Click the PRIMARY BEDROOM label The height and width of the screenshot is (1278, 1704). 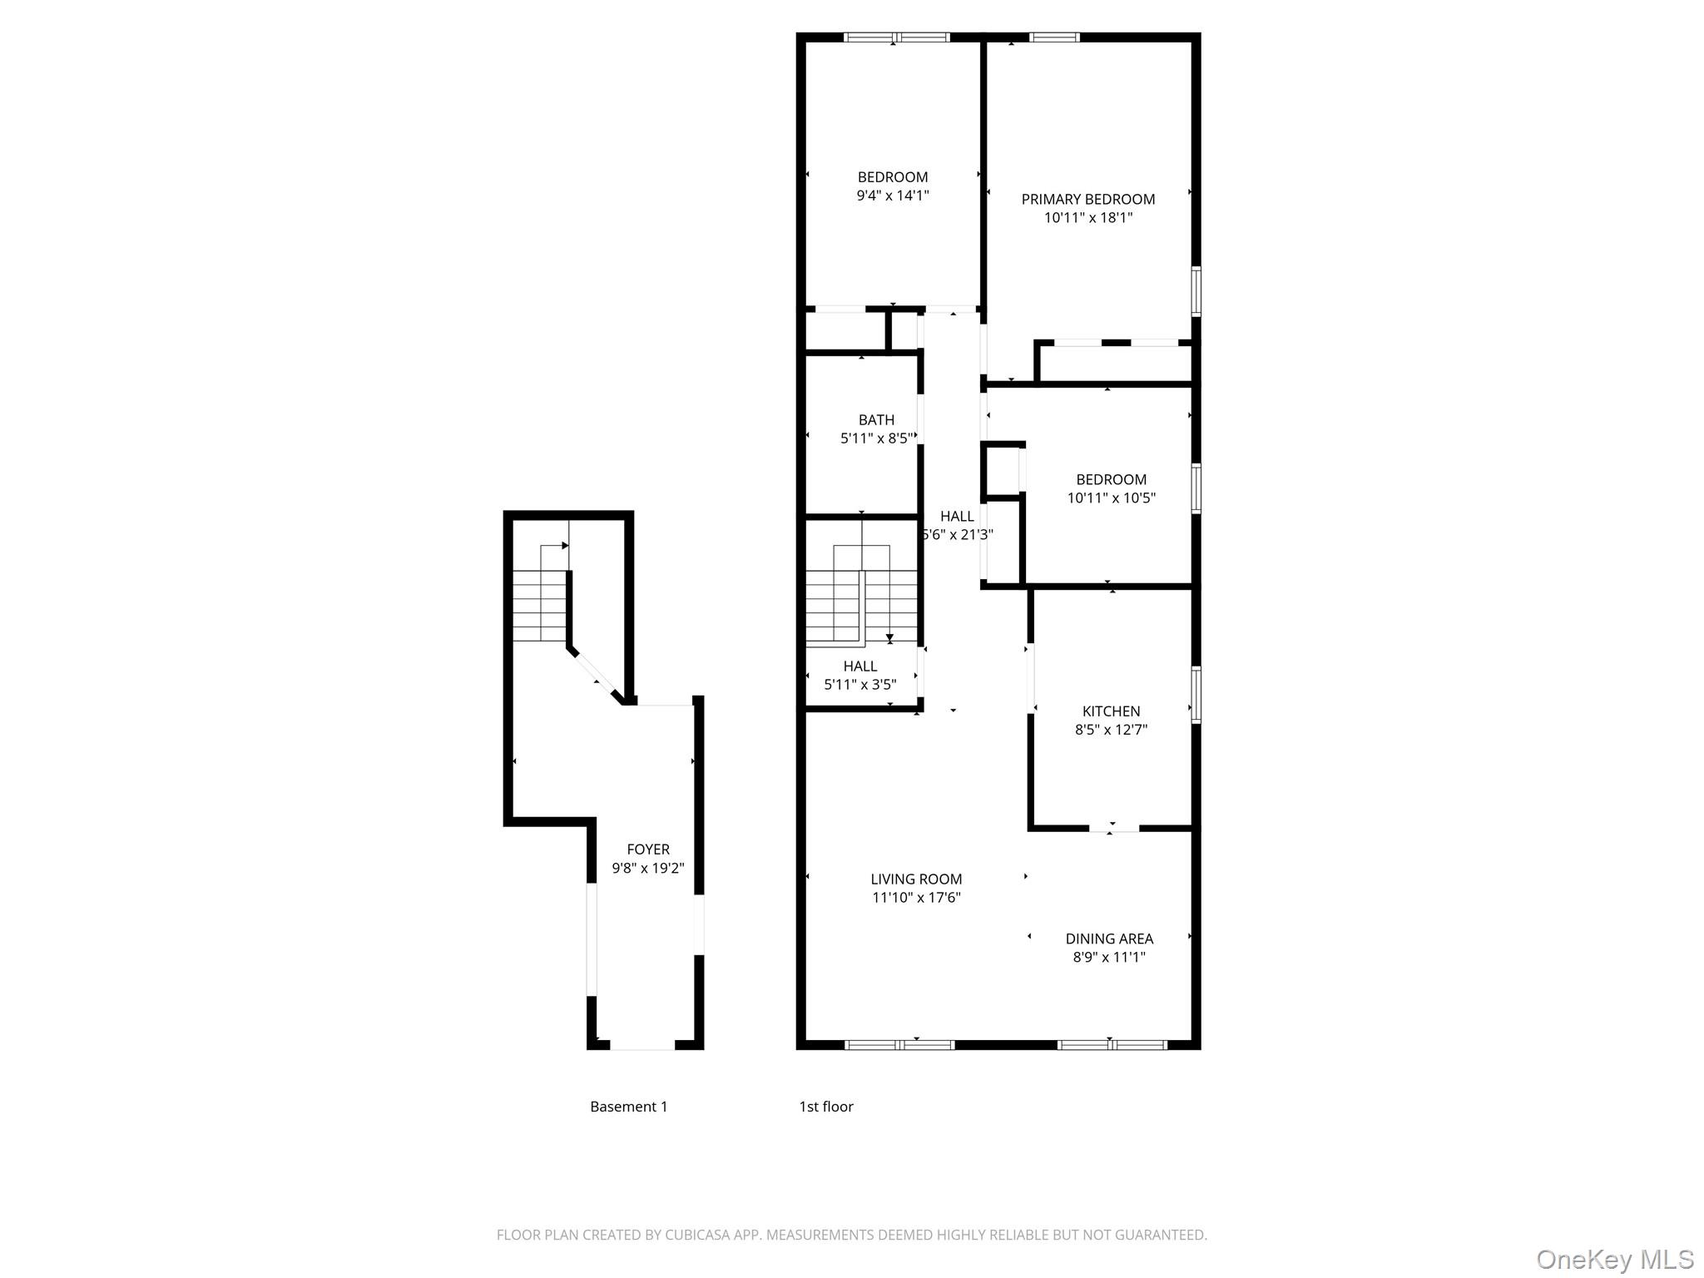(x=1087, y=199)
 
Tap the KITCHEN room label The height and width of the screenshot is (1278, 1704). (x=1111, y=711)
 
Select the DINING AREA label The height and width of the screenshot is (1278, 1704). (x=1109, y=939)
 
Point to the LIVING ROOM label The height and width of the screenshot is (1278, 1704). (x=916, y=879)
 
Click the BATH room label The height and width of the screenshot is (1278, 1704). (x=876, y=420)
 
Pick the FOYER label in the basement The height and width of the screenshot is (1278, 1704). (x=647, y=850)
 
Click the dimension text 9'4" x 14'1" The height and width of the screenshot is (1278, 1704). (x=893, y=196)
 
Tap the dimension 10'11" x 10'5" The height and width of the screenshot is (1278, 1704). (x=1111, y=498)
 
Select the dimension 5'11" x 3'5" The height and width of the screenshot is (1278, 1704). (x=859, y=685)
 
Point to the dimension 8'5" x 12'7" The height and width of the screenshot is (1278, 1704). (x=1111, y=730)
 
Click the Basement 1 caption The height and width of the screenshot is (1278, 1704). (x=628, y=1107)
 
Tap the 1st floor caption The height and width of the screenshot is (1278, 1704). (x=825, y=1107)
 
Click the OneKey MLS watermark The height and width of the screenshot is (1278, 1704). (x=1614, y=1259)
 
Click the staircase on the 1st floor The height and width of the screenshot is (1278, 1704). (x=861, y=595)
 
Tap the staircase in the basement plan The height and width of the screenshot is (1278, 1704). (x=539, y=605)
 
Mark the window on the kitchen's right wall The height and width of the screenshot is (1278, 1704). (x=1196, y=694)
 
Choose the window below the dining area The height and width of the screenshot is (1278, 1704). (x=1112, y=1045)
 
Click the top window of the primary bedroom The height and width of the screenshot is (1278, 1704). (x=1054, y=37)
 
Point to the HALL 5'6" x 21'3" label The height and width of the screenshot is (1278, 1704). (x=957, y=525)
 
